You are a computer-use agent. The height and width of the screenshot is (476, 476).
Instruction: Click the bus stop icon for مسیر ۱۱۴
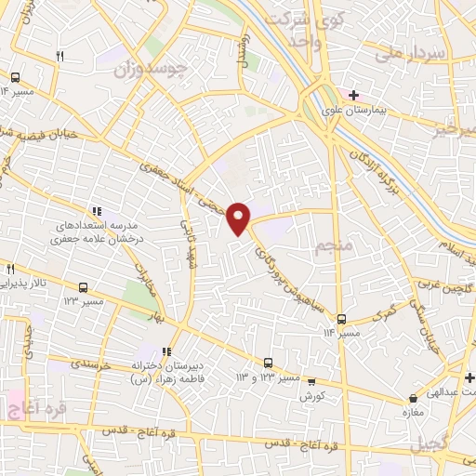[x=341, y=317]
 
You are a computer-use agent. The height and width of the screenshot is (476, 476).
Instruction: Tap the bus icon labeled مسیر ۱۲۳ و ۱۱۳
[x=268, y=363]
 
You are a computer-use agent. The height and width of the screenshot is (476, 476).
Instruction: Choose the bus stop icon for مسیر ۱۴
[x=16, y=78]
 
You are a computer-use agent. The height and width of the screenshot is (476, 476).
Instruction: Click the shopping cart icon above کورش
[x=311, y=380]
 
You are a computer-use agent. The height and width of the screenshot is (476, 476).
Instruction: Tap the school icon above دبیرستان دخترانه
[x=166, y=351]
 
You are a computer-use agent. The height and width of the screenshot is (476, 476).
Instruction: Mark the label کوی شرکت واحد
[x=295, y=29]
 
